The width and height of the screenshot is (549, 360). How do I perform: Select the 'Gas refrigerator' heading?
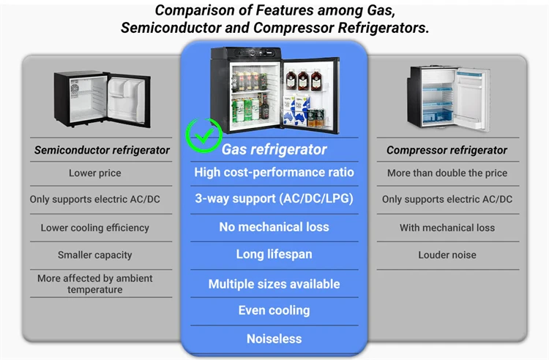pyautogui.click(x=274, y=149)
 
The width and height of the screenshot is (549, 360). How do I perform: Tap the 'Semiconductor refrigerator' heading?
pyautogui.click(x=102, y=150)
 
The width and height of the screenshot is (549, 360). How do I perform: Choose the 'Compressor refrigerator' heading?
pyautogui.click(x=447, y=150)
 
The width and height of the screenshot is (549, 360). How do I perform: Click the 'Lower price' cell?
pyautogui.click(x=95, y=173)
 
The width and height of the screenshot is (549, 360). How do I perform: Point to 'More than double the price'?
pyautogui.click(x=447, y=173)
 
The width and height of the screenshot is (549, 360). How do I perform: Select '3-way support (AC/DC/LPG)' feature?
pyautogui.click(x=274, y=198)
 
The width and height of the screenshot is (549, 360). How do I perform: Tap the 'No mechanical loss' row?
pyautogui.click(x=274, y=227)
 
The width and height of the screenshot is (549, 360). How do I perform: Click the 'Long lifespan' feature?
pyautogui.click(x=274, y=255)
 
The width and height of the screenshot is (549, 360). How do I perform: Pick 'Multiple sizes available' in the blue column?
pyautogui.click(x=274, y=284)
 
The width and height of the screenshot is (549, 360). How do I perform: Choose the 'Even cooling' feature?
pyautogui.click(x=274, y=310)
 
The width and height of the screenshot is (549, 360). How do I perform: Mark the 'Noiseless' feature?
pyautogui.click(x=274, y=339)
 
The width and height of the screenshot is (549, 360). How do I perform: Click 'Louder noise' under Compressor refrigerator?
pyautogui.click(x=447, y=255)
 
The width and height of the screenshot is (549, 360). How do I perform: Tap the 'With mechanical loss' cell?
pyautogui.click(x=447, y=228)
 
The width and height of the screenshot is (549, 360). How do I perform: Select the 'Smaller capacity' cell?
pyautogui.click(x=95, y=255)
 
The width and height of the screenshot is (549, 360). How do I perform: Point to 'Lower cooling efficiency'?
pyautogui.click(x=95, y=228)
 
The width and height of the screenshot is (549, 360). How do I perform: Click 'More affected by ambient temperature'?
pyautogui.click(x=95, y=284)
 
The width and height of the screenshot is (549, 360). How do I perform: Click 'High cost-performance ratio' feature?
pyautogui.click(x=274, y=172)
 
